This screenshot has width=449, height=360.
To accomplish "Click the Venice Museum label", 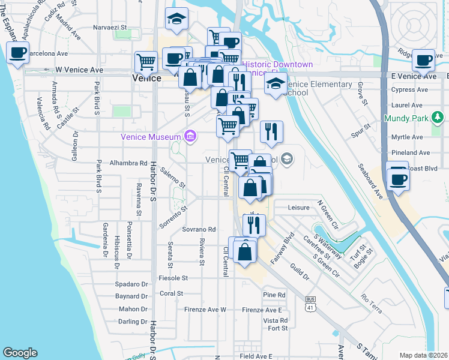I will [x=151, y=137].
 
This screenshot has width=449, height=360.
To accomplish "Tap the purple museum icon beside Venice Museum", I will [x=191, y=137].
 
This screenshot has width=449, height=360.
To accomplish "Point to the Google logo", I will [x=20, y=352].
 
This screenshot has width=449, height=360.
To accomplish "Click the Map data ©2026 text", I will [x=423, y=355].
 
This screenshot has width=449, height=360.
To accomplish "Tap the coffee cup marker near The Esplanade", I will [x=17, y=52].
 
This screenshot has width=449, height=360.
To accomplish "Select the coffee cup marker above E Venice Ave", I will [x=424, y=59].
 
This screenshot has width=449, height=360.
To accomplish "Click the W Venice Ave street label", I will [x=79, y=70].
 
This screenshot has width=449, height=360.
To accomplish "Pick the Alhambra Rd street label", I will [x=128, y=163].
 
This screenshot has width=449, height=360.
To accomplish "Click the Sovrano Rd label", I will [x=199, y=229].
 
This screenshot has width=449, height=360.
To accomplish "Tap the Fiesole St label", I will [x=173, y=278].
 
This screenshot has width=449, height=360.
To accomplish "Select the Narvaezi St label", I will [x=109, y=27].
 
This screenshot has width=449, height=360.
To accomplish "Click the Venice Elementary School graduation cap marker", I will [x=276, y=83].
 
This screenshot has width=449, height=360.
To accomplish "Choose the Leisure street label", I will [x=298, y=208].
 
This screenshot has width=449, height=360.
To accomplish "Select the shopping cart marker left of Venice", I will [x=146, y=61].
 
